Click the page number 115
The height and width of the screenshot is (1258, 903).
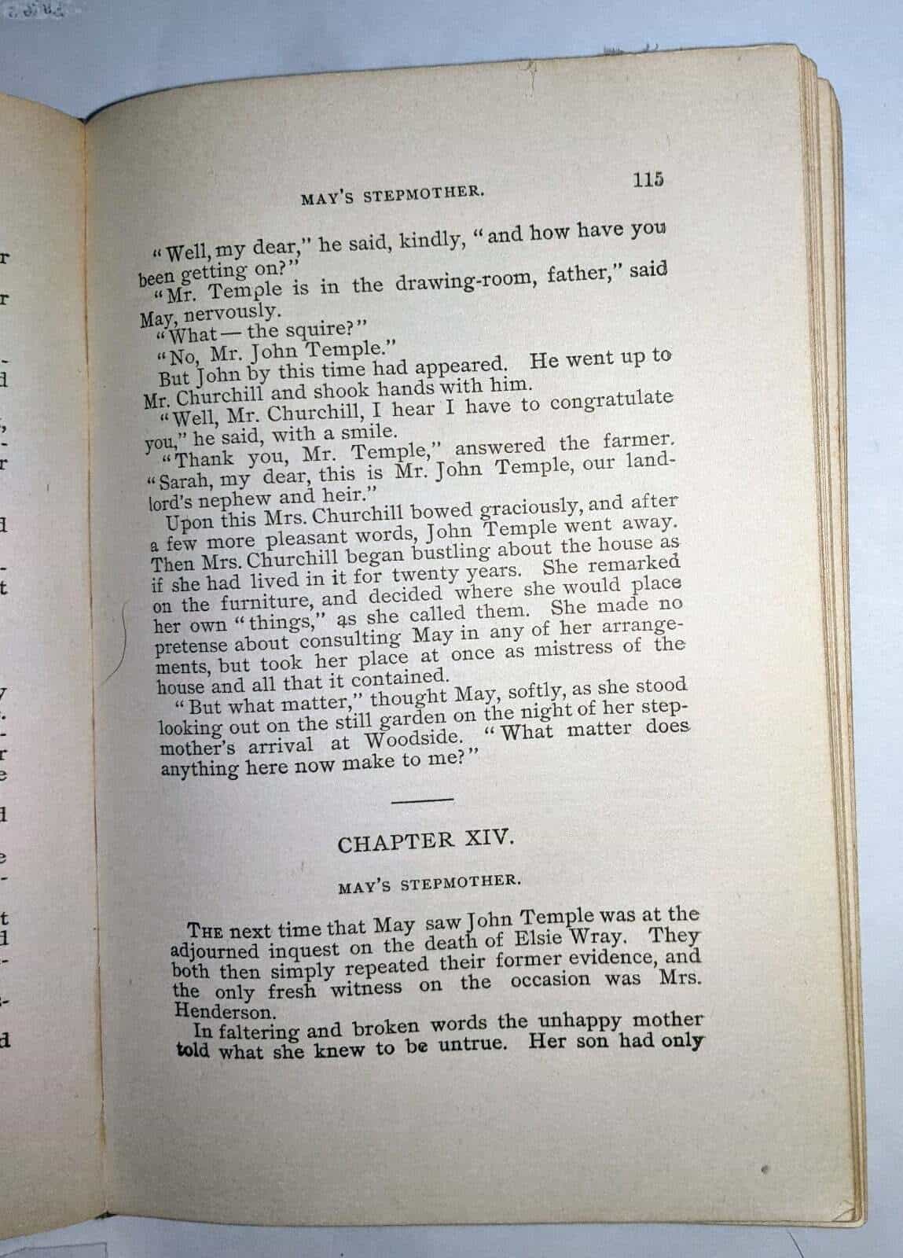click(x=648, y=179)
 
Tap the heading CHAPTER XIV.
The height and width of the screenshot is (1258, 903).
click(x=426, y=841)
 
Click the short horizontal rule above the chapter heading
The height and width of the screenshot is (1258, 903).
click(x=422, y=800)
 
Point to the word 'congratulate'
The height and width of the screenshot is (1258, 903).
click(x=611, y=400)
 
